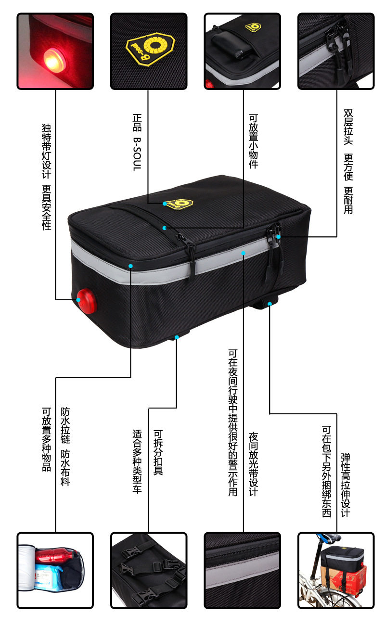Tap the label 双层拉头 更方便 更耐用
pyautogui.click(x=348, y=161)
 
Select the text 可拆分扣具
pyautogui.click(x=157, y=452)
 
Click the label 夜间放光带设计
pyautogui.click(x=253, y=464)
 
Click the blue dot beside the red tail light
pyautogui.click(x=78, y=299)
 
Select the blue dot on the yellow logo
pyautogui.click(x=165, y=204)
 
